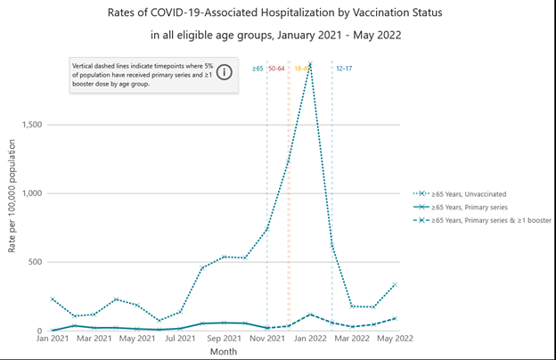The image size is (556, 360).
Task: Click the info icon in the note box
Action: click(x=225, y=73)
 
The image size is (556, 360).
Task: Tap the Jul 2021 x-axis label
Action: click(x=181, y=339)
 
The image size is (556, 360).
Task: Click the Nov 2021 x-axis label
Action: click(x=267, y=339)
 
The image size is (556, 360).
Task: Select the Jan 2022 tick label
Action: click(x=310, y=339)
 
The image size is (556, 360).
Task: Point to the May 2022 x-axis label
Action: click(x=396, y=339)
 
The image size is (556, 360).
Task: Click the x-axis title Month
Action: click(x=224, y=352)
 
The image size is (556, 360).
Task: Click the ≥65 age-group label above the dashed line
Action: click(x=258, y=68)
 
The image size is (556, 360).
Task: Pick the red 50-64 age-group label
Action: click(x=277, y=68)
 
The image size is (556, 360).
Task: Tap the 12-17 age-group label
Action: click(x=344, y=68)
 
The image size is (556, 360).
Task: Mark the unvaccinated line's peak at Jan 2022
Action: click(x=310, y=61)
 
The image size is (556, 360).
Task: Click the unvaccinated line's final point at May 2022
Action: click(x=396, y=284)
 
